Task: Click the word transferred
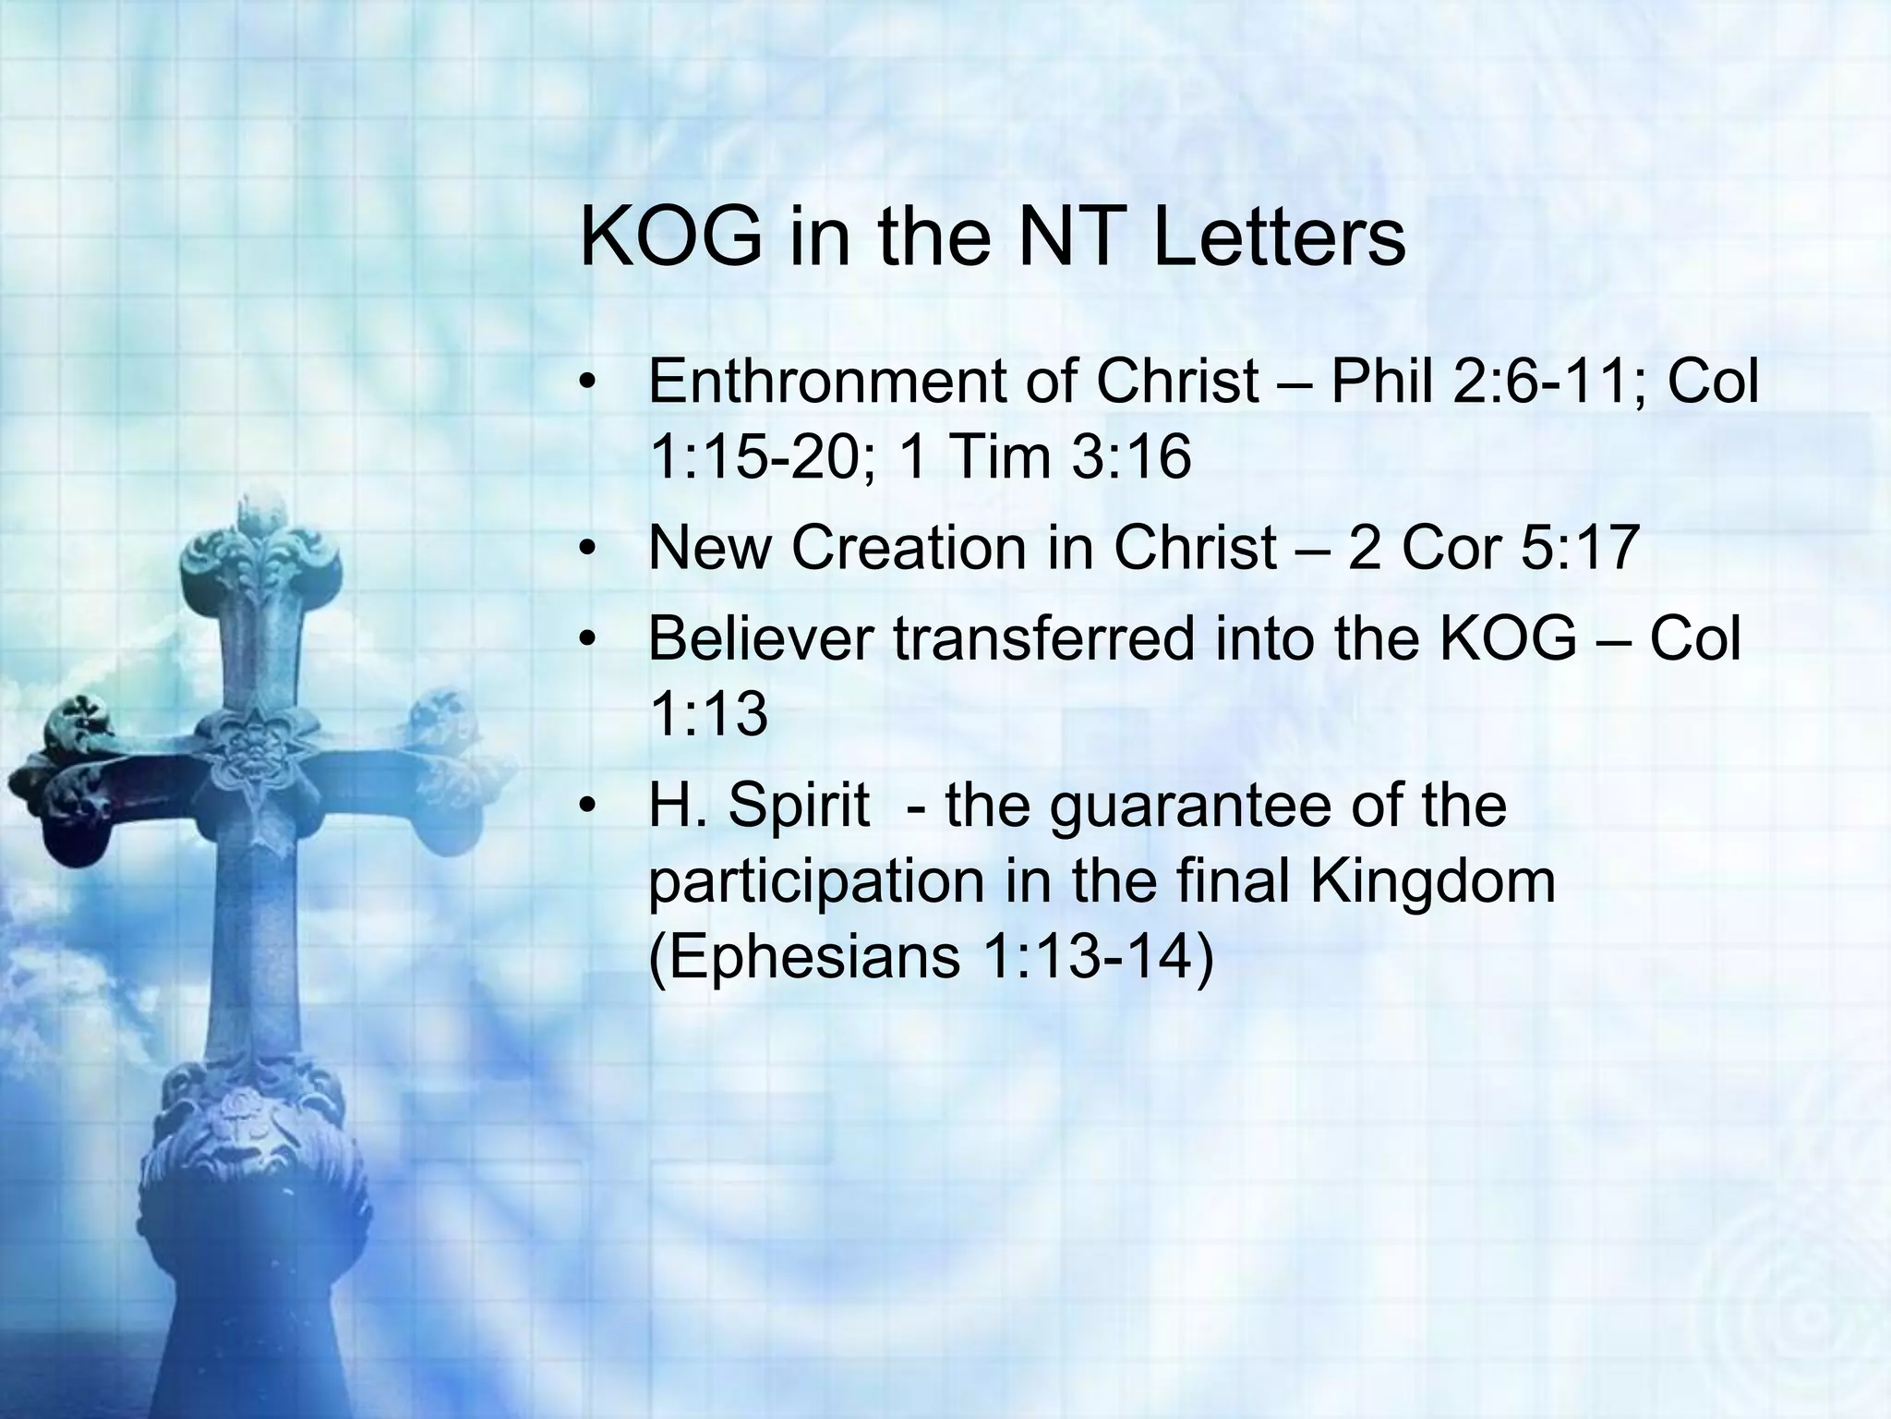click(1044, 638)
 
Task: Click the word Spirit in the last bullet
click(798, 805)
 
